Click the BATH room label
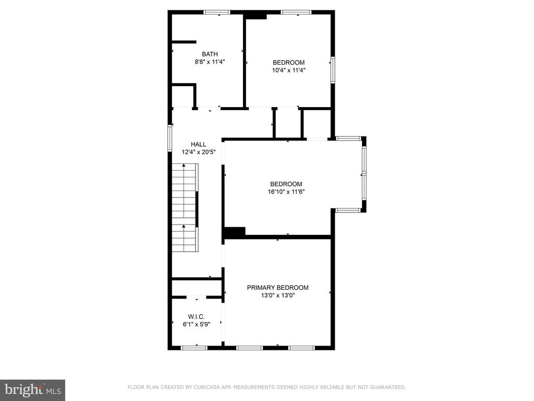[x=210, y=54]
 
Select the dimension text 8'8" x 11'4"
[x=210, y=62]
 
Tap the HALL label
[x=198, y=144]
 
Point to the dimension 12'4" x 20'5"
[x=199, y=152]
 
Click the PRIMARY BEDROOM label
[x=277, y=288]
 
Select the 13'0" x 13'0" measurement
[x=277, y=296]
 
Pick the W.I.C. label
[x=197, y=317]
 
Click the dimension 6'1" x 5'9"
[x=197, y=325]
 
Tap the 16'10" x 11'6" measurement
[x=286, y=192]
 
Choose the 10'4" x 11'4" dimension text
[x=288, y=70]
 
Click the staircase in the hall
[x=185, y=208]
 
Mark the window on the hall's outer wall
[x=169, y=138]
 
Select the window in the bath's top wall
[x=217, y=13]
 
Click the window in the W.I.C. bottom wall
[x=194, y=348]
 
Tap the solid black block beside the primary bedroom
[x=234, y=232]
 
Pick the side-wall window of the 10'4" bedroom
[x=333, y=70]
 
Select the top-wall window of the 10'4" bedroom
[x=296, y=13]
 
